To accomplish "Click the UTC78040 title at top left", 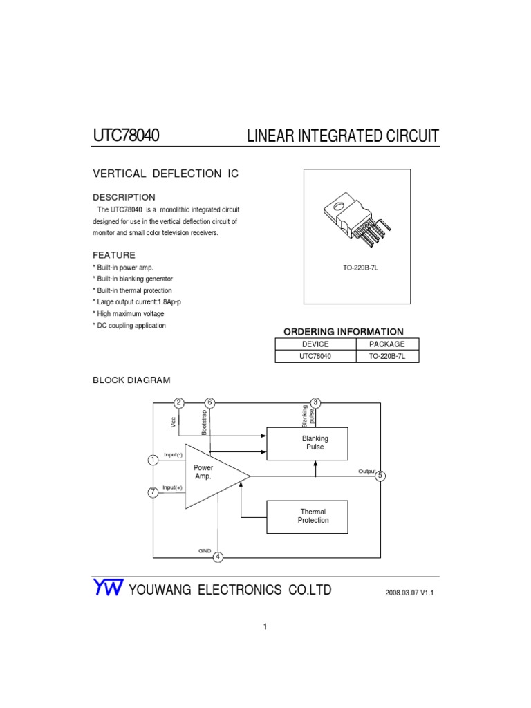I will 126,136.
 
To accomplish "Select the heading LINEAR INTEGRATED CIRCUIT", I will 342,136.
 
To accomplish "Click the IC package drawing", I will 357,218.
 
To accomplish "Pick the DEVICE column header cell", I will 315,344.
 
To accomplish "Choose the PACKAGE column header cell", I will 387,344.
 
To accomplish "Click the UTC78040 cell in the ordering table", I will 315,357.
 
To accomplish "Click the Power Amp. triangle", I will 209,476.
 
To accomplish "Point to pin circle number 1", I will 153,460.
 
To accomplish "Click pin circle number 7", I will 153,492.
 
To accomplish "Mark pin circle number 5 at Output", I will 380,476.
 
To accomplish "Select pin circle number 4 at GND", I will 218,557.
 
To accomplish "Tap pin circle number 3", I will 315,402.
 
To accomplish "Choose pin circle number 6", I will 210,402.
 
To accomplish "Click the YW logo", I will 108,588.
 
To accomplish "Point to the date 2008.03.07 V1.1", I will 413,593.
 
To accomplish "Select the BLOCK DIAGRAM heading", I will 131,380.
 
